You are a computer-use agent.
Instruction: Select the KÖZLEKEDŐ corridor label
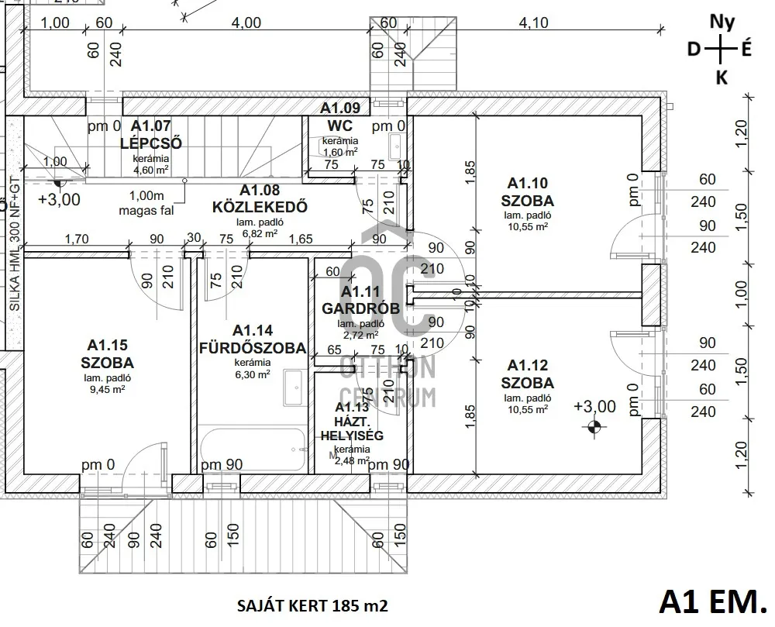click(x=260, y=199)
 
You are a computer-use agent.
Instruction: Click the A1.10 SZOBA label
click(x=528, y=192)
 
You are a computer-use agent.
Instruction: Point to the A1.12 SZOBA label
click(x=527, y=374)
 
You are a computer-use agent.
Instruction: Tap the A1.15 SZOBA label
click(x=107, y=353)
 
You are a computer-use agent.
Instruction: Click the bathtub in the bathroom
click(x=254, y=449)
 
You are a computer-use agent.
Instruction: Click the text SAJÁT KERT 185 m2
click(x=311, y=605)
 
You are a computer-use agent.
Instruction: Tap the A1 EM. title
click(x=711, y=600)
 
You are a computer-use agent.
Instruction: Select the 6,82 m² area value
click(x=260, y=233)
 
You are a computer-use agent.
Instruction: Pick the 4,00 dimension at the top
click(x=246, y=22)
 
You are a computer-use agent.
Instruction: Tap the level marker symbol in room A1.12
click(x=594, y=424)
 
